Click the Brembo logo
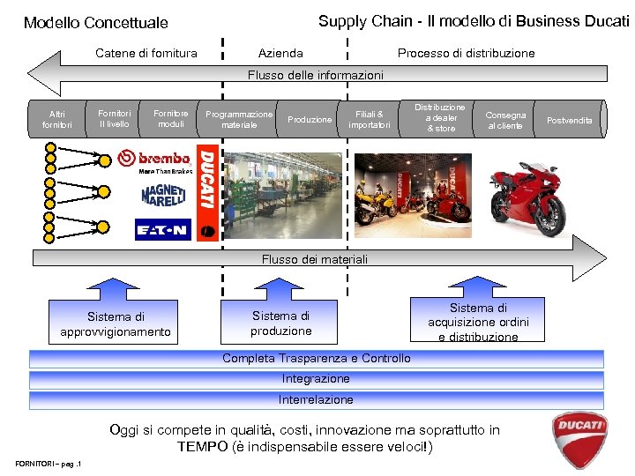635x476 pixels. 153,160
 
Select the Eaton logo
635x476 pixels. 162,230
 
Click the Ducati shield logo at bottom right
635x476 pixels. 579,436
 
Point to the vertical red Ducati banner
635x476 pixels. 208,190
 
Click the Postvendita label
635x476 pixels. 570,120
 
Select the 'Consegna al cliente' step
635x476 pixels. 505,120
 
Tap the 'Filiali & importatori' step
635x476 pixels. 370,119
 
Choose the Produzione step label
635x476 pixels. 310,120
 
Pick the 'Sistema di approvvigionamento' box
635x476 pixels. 116,324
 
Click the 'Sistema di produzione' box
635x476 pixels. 280,323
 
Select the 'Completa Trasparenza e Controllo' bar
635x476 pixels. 316,359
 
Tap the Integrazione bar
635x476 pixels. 316,379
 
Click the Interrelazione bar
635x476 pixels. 316,400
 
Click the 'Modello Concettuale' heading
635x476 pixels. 95,22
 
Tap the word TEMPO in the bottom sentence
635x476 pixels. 203,447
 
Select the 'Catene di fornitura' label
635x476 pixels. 146,53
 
